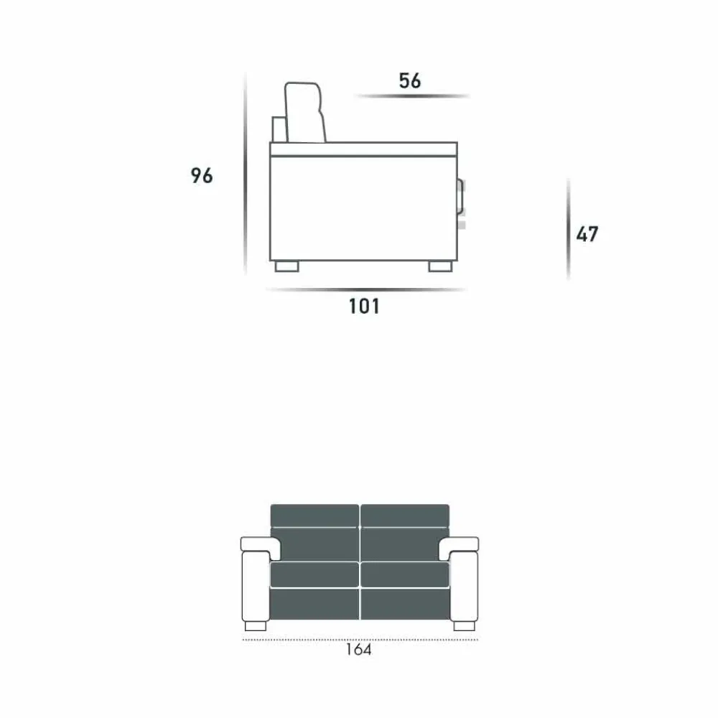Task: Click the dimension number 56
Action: coord(409,80)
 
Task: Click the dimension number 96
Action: coord(202,176)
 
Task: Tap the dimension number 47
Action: coord(587,234)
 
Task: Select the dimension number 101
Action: coord(364,307)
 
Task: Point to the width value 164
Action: coord(358,649)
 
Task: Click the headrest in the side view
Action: coord(304,112)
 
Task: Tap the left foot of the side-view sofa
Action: coord(287,266)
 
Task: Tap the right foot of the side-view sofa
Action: coord(441,266)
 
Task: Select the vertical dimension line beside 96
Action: coord(246,173)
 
